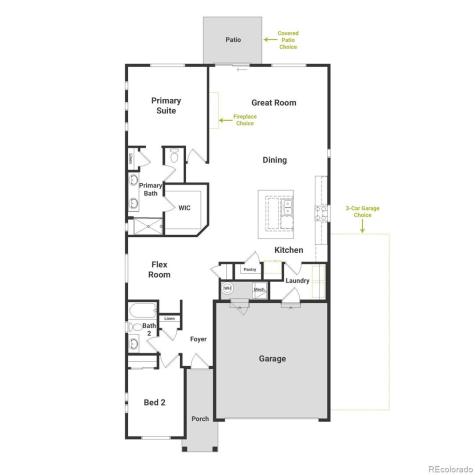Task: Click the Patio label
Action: pos(233,41)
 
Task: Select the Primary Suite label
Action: pos(166,106)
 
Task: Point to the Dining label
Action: pos(274,160)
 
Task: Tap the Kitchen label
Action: pos(289,250)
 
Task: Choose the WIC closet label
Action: pos(184,208)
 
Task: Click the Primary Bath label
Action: pos(150,189)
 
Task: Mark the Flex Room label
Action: pos(159,270)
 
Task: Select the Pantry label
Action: pos(249,269)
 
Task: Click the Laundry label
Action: pos(296,281)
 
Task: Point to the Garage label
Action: pos(272,358)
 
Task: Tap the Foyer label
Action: pos(198,339)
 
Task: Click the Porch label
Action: pos(200,418)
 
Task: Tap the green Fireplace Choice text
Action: pos(244,120)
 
